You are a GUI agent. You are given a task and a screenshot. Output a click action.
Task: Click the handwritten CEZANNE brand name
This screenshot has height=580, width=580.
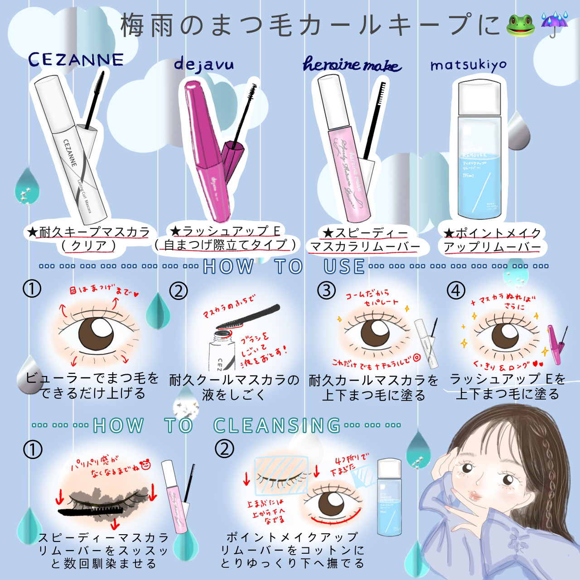(76, 59)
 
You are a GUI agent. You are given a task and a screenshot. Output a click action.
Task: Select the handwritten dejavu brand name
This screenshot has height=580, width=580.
(204, 65)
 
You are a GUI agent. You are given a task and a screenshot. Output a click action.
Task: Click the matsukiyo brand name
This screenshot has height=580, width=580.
(469, 66)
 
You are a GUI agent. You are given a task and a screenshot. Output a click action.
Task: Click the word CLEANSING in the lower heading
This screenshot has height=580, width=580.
(276, 425)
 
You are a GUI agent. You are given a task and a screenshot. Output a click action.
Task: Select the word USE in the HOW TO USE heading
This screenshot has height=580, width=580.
(344, 267)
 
